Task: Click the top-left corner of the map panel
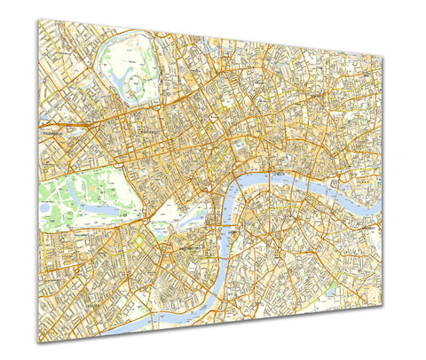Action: pos(38,20)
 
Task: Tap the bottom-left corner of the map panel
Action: pos(38,342)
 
